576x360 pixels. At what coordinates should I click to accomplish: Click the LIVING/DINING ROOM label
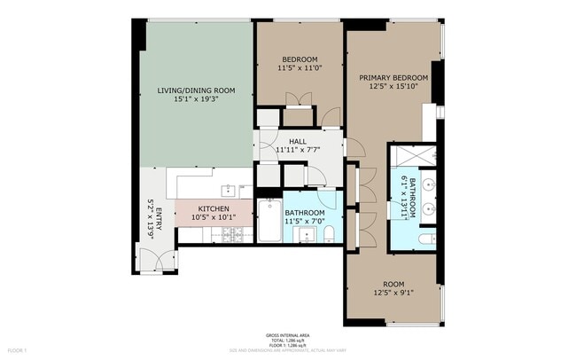point(195,90)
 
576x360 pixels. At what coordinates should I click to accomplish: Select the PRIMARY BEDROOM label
point(393,78)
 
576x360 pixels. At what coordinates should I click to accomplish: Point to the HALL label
point(299,141)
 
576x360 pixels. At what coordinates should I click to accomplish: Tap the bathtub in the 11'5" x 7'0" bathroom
point(269,220)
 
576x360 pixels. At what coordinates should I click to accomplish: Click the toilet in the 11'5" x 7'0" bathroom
point(327,235)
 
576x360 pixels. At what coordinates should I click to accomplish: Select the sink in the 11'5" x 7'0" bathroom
point(305,236)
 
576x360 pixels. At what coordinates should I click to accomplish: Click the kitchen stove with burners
point(232,234)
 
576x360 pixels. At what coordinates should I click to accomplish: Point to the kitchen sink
point(230,189)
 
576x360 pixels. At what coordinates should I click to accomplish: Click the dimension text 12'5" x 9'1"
point(393,293)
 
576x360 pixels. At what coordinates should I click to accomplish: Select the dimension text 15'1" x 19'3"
point(195,99)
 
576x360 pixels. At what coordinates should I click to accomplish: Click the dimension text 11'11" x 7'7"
point(299,150)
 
